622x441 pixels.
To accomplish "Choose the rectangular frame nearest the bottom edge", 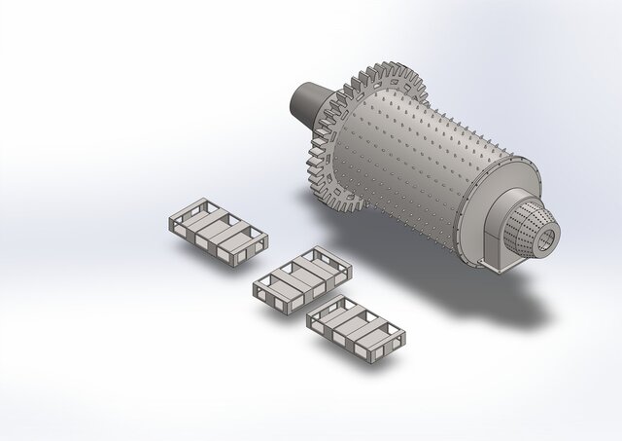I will coord(356,327).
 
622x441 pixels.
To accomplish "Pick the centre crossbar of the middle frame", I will coord(302,276).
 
